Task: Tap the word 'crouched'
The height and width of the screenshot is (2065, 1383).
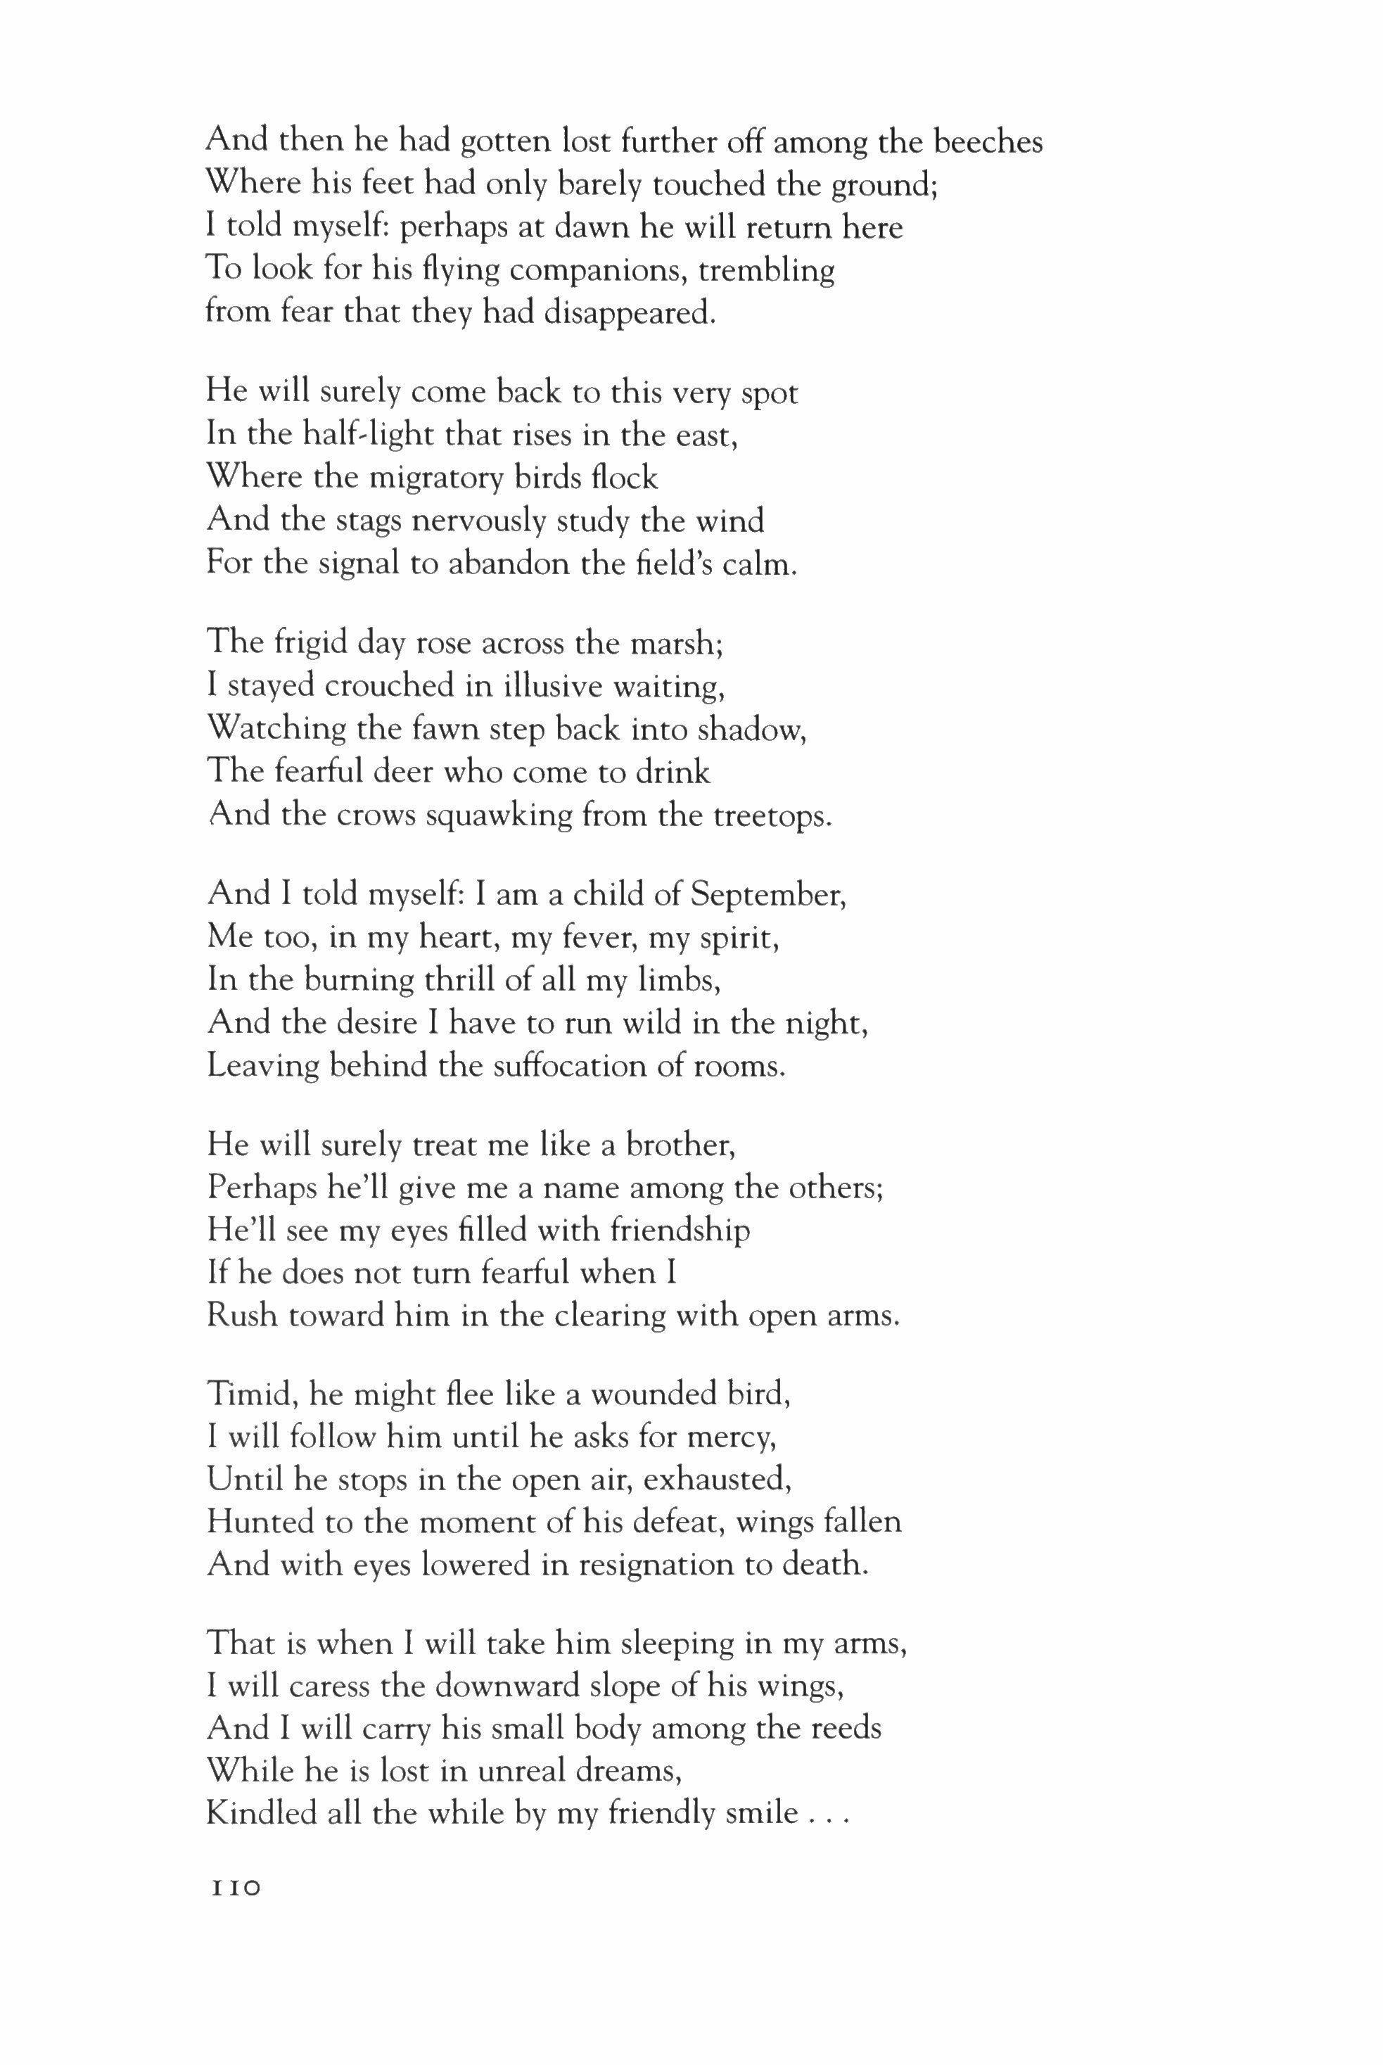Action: (354, 685)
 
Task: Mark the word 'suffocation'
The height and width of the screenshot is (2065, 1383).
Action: (570, 1067)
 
